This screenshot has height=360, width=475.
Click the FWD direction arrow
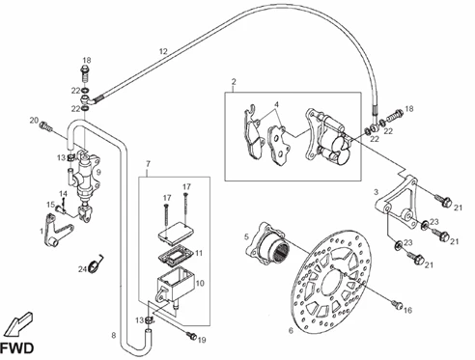19,323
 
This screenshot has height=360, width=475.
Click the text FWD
16,348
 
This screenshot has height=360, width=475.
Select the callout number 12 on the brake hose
163,51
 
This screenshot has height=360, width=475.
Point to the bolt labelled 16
396,303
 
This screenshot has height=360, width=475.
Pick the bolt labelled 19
192,336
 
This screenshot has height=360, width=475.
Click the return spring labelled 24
97,263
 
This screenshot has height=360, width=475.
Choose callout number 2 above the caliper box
234,81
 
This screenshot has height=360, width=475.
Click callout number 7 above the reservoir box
148,164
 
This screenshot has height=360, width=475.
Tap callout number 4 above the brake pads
276,104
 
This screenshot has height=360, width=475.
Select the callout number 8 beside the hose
114,336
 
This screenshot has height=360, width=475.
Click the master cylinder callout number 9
98,172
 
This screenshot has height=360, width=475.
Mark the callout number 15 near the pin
50,205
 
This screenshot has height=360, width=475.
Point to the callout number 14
63,194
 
